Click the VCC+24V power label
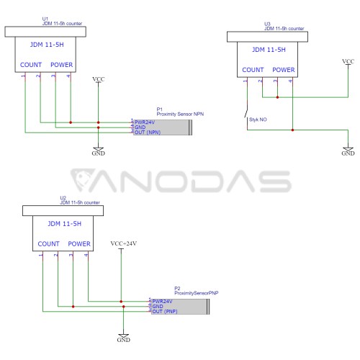point(124,243)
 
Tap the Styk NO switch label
point(258,120)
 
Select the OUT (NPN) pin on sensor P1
point(148,132)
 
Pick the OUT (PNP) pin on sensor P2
point(165,311)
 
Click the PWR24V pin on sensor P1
point(145,122)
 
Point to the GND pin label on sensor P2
point(158,307)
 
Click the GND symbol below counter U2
point(124,338)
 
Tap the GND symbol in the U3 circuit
point(348,151)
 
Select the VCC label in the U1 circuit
point(99,79)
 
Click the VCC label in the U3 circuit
point(348,62)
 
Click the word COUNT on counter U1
point(31,65)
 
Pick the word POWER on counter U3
point(284,70)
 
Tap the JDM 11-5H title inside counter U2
point(65,224)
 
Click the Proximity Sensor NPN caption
point(180,114)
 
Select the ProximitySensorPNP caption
point(197,293)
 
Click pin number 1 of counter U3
point(245,81)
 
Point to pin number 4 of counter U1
point(68,76)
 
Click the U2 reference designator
point(63,198)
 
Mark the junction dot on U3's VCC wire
point(277,97)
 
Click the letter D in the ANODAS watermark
point(209,181)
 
